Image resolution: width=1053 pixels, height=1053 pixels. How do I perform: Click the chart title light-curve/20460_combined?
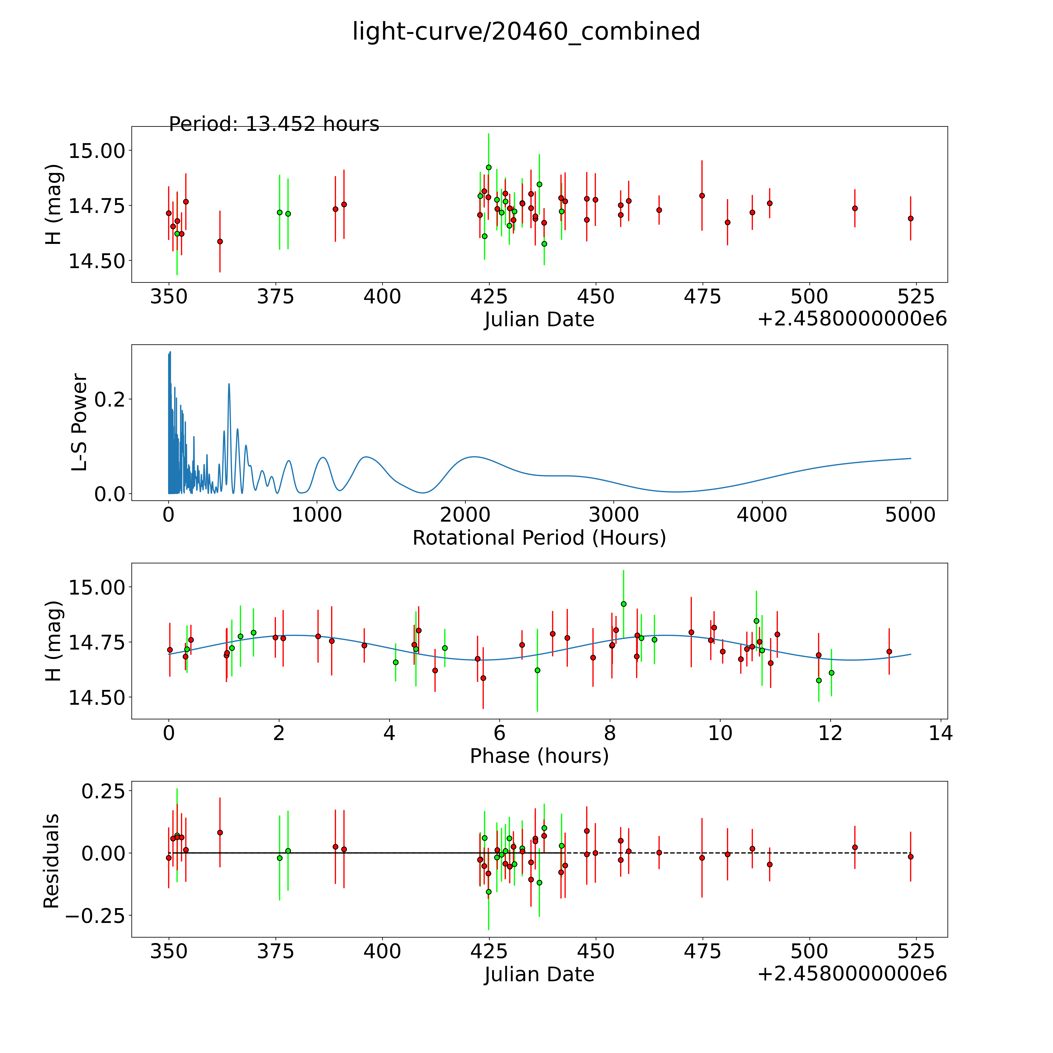pyautogui.click(x=526, y=32)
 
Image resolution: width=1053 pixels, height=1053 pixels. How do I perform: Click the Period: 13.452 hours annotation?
pyautogui.click(x=274, y=124)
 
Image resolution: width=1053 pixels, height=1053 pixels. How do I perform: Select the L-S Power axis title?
pyautogui.click(x=80, y=422)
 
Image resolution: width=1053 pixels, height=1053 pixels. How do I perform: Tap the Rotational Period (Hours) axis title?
pyautogui.click(x=539, y=538)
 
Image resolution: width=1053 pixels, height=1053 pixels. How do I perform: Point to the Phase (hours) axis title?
pyautogui.click(x=539, y=756)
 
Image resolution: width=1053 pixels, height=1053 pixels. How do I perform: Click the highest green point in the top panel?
pyautogui.click(x=488, y=167)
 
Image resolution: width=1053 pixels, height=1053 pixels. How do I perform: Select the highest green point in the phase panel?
pyautogui.click(x=624, y=604)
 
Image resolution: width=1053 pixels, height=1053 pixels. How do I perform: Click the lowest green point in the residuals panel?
pyautogui.click(x=488, y=892)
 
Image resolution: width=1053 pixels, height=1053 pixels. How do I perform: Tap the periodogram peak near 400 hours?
pyautogui.click(x=229, y=384)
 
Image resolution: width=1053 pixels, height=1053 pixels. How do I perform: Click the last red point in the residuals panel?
pyautogui.click(x=910, y=857)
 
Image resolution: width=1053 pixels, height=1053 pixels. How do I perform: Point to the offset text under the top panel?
pyautogui.click(x=852, y=319)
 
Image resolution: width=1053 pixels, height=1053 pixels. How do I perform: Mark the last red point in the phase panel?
pyautogui.click(x=889, y=651)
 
